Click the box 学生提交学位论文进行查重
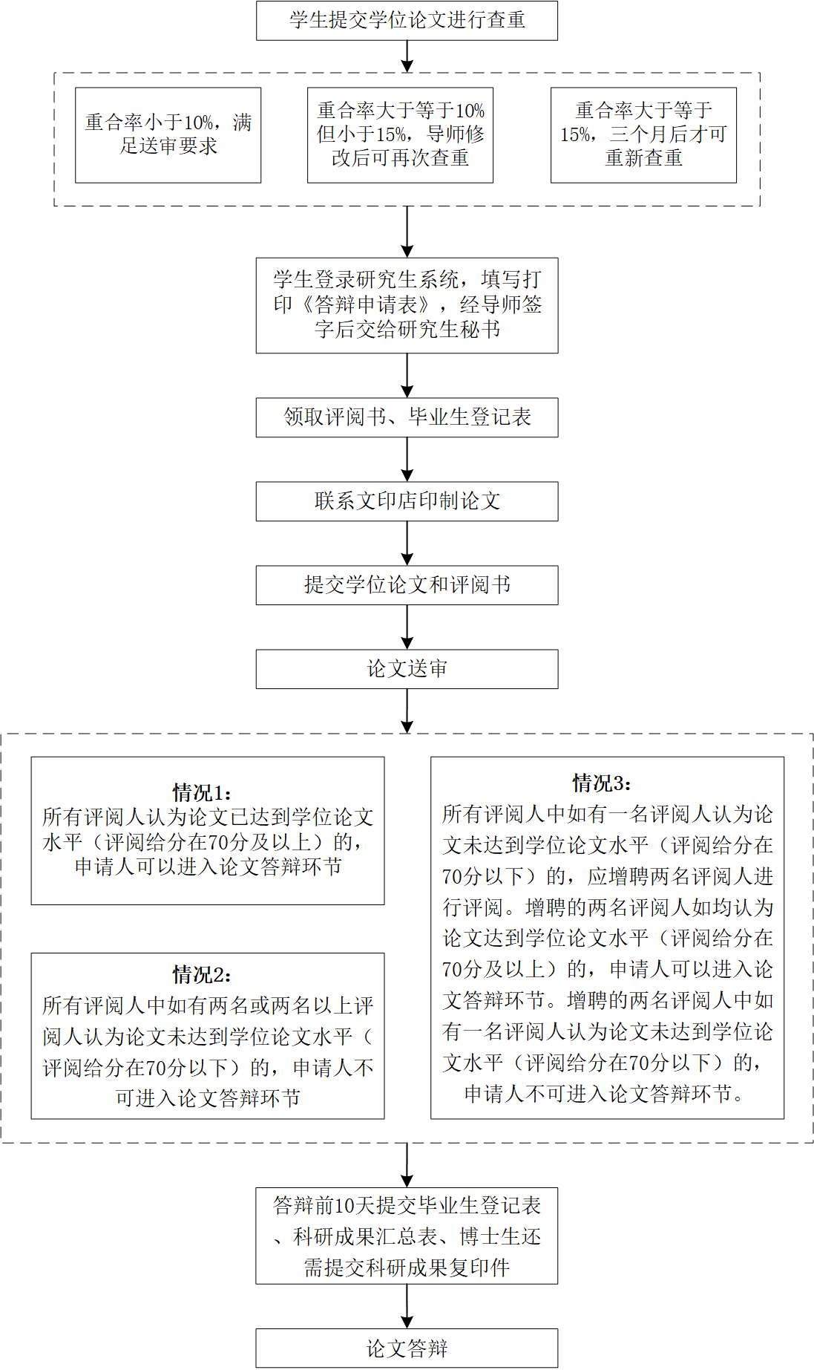click(407, 20)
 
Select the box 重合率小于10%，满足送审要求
click(168, 134)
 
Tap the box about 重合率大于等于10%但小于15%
click(400, 134)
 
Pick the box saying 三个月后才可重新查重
click(643, 134)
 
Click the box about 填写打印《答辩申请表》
click(407, 304)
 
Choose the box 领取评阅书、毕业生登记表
click(407, 417)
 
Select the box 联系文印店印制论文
click(407, 501)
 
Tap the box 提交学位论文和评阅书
click(407, 585)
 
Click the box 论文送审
click(407, 669)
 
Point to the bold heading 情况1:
click(202, 792)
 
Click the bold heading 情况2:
click(202, 974)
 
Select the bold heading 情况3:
click(602, 783)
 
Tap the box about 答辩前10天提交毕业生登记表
click(407, 1236)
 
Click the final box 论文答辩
click(407, 1348)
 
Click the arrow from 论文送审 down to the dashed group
click(407, 711)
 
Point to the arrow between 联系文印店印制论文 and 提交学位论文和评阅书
click(407, 544)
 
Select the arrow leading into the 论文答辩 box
click(407, 1306)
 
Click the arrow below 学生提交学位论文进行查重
click(407, 56)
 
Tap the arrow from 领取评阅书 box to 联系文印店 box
click(407, 460)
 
